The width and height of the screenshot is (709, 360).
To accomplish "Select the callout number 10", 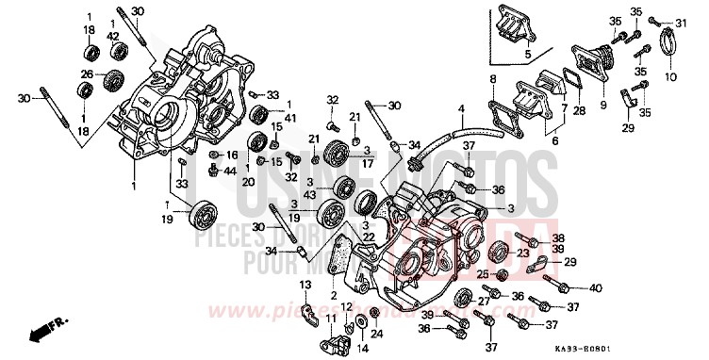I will coord(670,75).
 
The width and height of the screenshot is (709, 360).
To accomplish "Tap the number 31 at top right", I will coord(681,23).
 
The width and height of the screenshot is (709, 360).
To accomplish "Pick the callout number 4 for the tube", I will coord(462,110).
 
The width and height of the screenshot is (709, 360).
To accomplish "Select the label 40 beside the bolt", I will coord(596,287).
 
